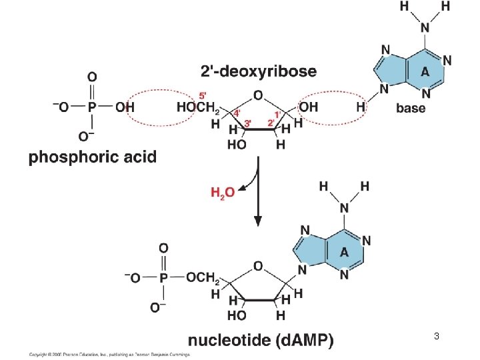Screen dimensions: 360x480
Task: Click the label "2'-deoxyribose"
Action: pyautogui.click(x=259, y=71)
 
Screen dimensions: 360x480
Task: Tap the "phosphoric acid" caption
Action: pyautogui.click(x=92, y=157)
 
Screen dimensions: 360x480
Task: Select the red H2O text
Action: pyautogui.click(x=222, y=193)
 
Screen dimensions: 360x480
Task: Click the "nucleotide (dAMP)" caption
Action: pyautogui.click(x=261, y=341)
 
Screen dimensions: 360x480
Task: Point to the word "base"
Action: pyautogui.click(x=411, y=109)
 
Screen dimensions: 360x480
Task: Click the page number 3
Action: pyautogui.click(x=436, y=336)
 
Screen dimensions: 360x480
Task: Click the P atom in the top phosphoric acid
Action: pyautogui.click(x=92, y=107)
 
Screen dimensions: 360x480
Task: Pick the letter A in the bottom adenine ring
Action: pyautogui.click(x=345, y=252)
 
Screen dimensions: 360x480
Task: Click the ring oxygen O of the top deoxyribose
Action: pyautogui.click(x=258, y=95)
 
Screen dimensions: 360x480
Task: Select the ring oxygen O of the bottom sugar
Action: pyautogui.click(x=258, y=266)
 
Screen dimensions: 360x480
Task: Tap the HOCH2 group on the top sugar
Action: pyautogui.click(x=197, y=107)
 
